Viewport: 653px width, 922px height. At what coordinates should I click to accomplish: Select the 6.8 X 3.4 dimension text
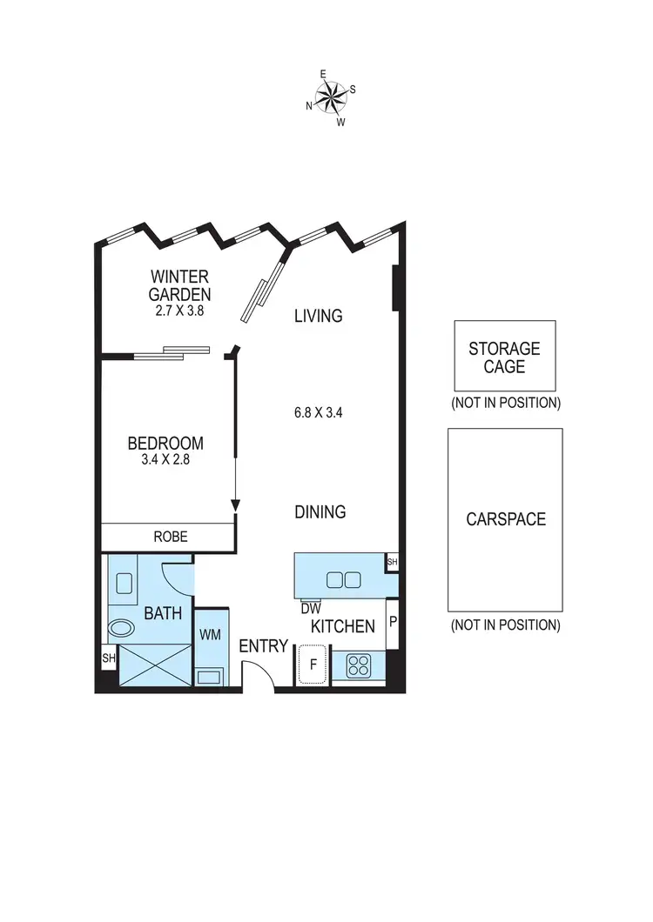point(319,413)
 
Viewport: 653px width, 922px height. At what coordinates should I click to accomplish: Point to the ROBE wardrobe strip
point(170,537)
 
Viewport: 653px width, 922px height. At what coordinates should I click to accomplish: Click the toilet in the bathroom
point(120,628)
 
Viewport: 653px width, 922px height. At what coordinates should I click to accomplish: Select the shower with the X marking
point(154,665)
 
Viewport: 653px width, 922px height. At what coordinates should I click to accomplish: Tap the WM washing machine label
point(210,635)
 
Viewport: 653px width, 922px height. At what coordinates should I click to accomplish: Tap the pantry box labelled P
point(393,623)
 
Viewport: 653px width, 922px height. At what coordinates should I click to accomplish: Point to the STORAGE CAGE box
point(504,357)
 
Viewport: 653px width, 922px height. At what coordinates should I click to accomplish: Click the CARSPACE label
point(505,519)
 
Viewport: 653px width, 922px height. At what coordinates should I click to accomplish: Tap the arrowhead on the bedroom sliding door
point(235,506)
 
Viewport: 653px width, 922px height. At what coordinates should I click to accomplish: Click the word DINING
point(320,512)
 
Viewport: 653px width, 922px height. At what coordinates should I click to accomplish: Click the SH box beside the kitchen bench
point(392,563)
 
